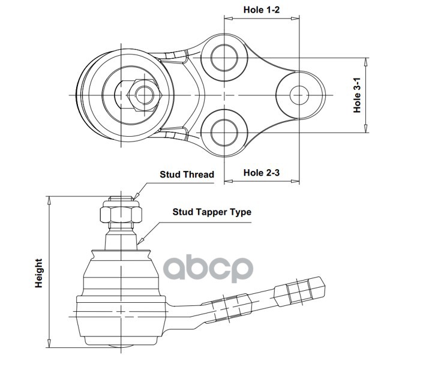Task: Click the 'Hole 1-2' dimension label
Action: coord(262,10)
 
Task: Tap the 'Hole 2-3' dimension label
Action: coord(262,173)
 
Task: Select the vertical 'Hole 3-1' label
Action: coord(357,95)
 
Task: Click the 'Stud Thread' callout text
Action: coord(186,175)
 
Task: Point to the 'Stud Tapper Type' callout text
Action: coord(212,212)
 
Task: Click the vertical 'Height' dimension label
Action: coord(39,273)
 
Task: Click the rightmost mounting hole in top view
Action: coord(299,95)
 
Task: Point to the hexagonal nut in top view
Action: coord(142,95)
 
